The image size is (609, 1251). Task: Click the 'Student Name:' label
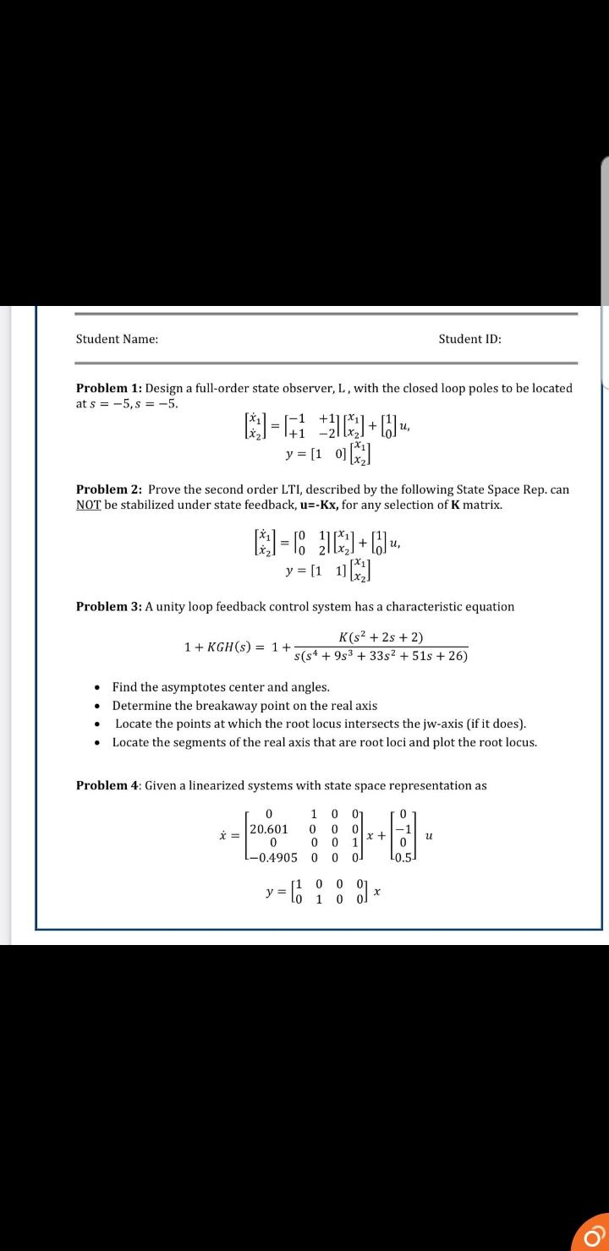(117, 339)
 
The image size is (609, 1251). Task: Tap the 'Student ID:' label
(469, 339)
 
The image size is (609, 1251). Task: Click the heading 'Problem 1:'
(109, 388)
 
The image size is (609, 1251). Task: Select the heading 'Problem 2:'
(109, 489)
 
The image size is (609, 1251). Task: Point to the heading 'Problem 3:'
(109, 606)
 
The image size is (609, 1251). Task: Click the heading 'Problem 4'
(107, 785)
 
